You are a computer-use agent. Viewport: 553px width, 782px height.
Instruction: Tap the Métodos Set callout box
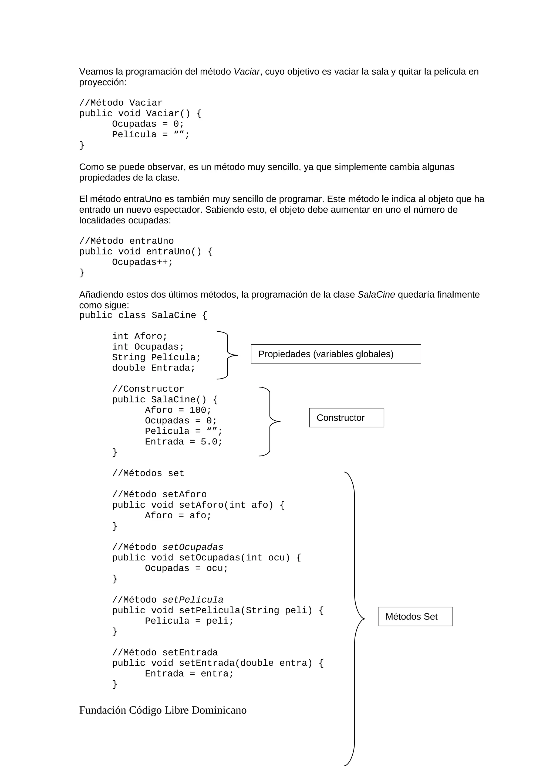pos(415,617)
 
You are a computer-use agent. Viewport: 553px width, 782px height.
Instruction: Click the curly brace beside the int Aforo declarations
pos(227,355)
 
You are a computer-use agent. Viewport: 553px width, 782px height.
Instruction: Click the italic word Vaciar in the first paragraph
pos(246,72)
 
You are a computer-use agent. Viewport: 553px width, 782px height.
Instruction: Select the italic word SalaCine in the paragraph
pos(376,295)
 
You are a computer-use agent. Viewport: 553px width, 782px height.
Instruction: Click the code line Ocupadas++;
pos(142,262)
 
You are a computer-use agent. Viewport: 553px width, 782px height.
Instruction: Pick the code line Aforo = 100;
pos(178,410)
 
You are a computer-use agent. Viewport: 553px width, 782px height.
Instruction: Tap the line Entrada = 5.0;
pos(183,442)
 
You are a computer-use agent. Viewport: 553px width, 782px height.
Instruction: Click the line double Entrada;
pos(153,368)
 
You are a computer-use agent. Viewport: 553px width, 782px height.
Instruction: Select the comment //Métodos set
pos(148,473)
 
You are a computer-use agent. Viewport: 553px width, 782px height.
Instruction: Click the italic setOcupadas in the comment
pos(193,547)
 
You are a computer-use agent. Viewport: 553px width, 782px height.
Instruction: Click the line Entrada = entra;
pos(189,674)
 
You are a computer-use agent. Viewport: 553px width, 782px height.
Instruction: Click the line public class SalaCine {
pos(143,315)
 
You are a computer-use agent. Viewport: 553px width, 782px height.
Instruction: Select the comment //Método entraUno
pos(126,241)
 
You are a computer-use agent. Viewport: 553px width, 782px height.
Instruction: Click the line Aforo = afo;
pos(178,516)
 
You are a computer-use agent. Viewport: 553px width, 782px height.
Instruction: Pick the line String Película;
pos(156,357)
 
